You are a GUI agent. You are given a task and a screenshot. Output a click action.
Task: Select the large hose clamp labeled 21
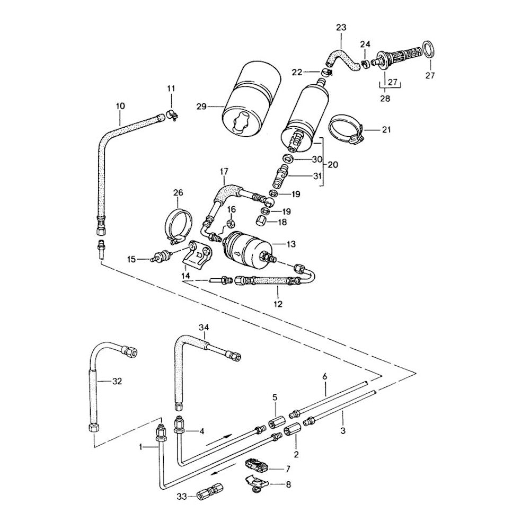click(346, 129)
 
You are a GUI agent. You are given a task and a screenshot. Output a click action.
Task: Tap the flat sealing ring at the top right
click(430, 51)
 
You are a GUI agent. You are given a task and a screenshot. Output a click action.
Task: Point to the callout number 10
click(120, 105)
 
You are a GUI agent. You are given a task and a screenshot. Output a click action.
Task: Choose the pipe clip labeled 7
click(257, 466)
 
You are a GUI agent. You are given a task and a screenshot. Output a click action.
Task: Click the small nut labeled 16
click(231, 223)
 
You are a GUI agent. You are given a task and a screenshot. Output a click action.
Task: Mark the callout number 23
click(341, 26)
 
